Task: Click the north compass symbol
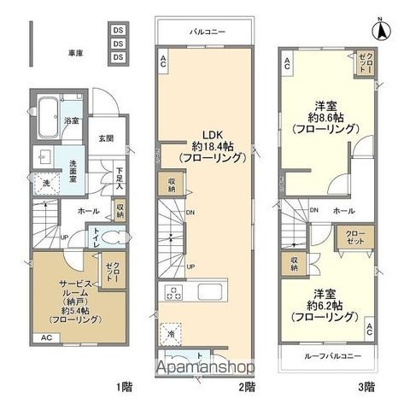(384, 28)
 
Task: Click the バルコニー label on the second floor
(207, 32)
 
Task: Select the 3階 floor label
(366, 387)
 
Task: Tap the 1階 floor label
(126, 387)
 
